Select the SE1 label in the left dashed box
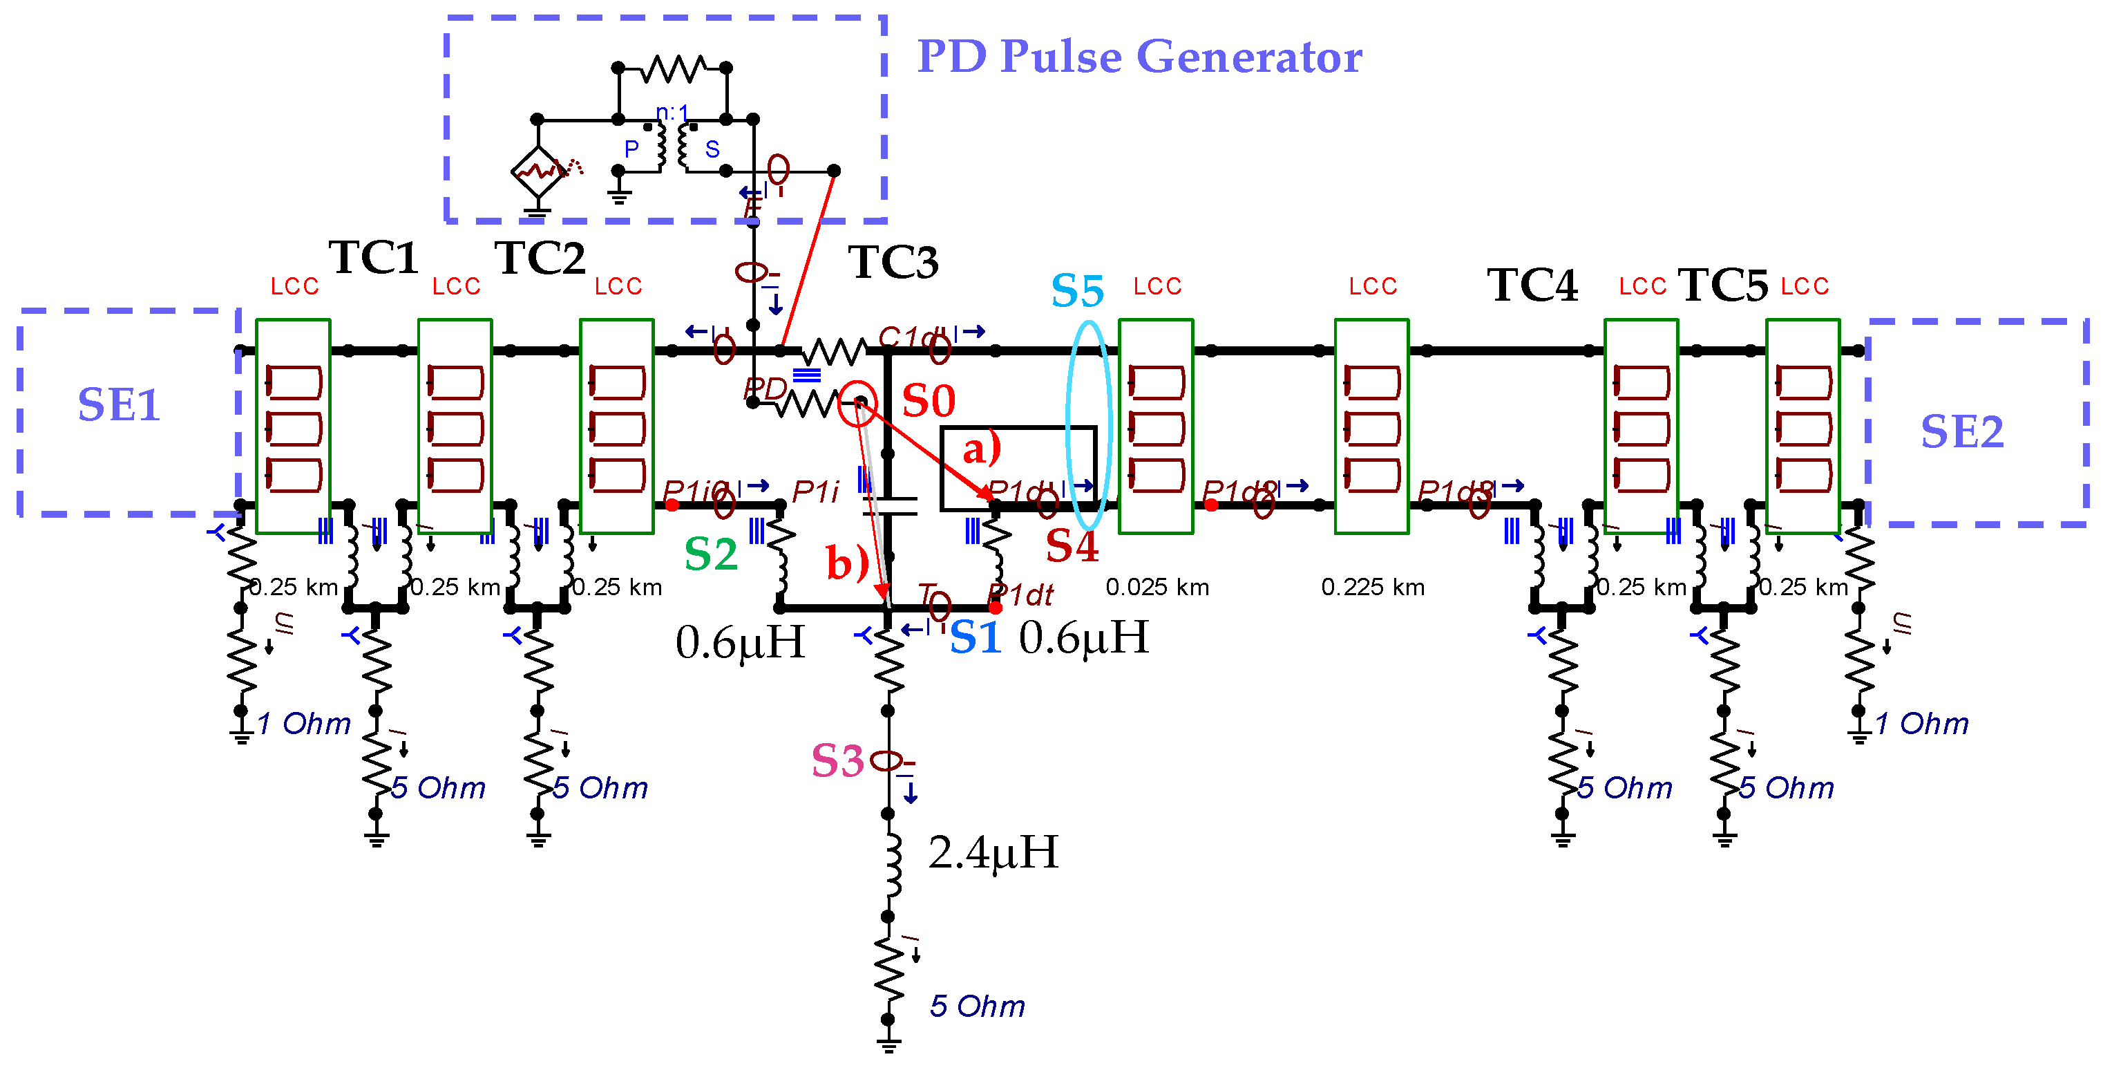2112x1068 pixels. coord(119,404)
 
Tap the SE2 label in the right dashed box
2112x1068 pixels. coord(1961,431)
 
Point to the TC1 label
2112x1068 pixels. coord(373,258)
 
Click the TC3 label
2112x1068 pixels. coord(892,262)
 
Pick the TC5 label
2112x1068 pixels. coord(1722,285)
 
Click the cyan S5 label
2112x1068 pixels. coord(1076,291)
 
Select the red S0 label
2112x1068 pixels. coord(928,401)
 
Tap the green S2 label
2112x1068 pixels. coord(710,554)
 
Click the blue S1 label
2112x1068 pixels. coord(975,637)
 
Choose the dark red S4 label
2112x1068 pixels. coord(1071,545)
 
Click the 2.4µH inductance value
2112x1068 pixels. coord(992,852)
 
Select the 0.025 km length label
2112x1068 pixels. coord(1157,588)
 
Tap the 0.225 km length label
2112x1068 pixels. coord(1373,588)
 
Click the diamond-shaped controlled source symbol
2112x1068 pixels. coord(537,171)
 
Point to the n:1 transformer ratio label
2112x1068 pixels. coord(672,113)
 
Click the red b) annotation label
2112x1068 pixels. coord(846,563)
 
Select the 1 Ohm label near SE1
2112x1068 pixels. coord(303,724)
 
